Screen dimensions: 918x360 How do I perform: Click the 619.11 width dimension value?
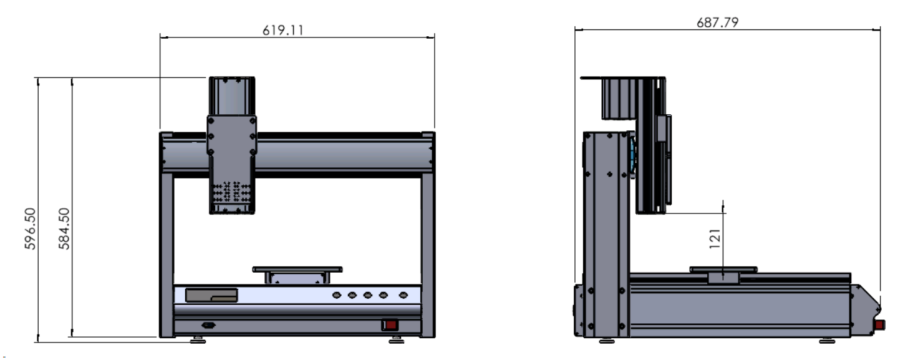pyautogui.click(x=283, y=30)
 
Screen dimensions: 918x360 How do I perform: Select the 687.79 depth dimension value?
pyautogui.click(x=717, y=22)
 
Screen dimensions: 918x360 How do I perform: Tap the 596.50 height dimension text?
pyautogui.click(x=31, y=228)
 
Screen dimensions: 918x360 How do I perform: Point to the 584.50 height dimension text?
pyautogui.click(x=64, y=228)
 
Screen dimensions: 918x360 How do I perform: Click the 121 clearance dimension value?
pyautogui.click(x=715, y=238)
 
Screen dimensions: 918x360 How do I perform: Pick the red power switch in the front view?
pyautogui.click(x=390, y=325)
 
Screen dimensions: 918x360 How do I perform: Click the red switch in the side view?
pyautogui.click(x=879, y=325)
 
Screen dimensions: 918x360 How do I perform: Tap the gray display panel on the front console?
pyautogui.click(x=211, y=295)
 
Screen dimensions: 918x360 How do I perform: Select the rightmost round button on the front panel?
pyautogui.click(x=403, y=295)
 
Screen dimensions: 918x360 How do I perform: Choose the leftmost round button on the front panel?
pyautogui.click(x=337, y=295)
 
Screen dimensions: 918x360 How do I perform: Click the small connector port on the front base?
pyautogui.click(x=208, y=325)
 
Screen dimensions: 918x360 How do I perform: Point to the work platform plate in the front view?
pyautogui.click(x=297, y=270)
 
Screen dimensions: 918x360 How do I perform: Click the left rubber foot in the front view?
pyautogui.click(x=198, y=340)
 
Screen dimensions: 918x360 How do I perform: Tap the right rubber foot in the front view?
pyautogui.click(x=396, y=340)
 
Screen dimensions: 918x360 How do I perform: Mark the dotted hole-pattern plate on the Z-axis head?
pyautogui.click(x=231, y=192)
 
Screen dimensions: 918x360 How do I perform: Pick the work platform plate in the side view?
pyautogui.click(x=723, y=270)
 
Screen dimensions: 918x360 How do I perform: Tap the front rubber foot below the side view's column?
pyautogui.click(x=607, y=340)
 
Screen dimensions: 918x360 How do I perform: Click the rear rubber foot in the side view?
pyautogui.click(x=828, y=340)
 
